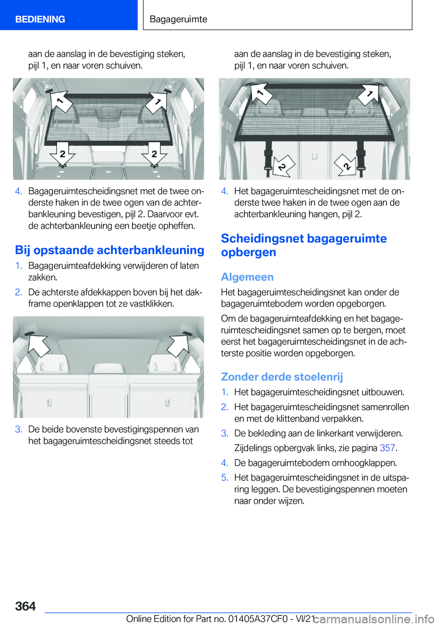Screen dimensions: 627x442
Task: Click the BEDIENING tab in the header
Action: tap(40, 19)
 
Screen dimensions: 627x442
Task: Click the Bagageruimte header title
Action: tap(178, 19)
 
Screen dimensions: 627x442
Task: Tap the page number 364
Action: tap(25, 606)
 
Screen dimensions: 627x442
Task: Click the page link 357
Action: tap(387, 448)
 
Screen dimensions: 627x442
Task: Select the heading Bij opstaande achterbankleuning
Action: tap(110, 250)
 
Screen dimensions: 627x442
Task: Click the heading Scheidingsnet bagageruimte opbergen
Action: tap(303, 245)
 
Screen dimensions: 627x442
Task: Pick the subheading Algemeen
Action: tap(247, 277)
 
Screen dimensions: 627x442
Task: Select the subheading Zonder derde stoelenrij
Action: tap(282, 377)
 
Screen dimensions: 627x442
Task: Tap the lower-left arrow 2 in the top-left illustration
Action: tap(63, 155)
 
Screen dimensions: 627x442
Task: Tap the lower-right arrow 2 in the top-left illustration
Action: tap(154, 155)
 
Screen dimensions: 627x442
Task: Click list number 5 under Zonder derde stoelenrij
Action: tap(224, 477)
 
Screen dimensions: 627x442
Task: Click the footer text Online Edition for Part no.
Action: tap(176, 619)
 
